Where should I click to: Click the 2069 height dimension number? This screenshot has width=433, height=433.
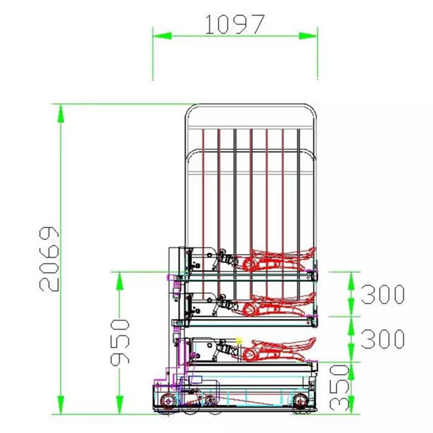[49, 259]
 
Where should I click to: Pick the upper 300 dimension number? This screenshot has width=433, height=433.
[383, 294]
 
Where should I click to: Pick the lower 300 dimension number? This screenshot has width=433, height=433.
[383, 339]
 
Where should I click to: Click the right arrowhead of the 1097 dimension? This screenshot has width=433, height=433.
[308, 36]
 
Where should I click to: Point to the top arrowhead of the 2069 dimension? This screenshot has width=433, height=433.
[61, 113]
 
